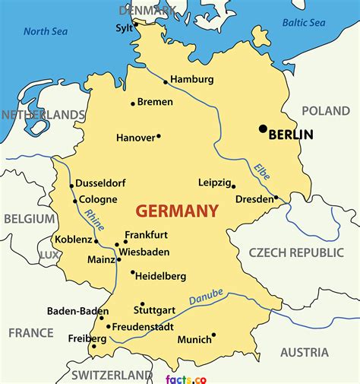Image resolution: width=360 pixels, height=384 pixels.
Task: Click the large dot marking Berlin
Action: (263, 129)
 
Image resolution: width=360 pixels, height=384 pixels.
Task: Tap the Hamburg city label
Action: (191, 79)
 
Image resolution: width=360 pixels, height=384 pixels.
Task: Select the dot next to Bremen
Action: (133, 103)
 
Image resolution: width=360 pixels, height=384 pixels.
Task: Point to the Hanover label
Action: (135, 138)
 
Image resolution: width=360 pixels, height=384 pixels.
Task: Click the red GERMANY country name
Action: (177, 211)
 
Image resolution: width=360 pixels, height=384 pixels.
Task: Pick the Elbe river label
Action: (262, 171)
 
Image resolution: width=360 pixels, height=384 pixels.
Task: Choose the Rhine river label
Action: (95, 220)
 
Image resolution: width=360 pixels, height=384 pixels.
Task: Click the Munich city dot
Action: (213, 335)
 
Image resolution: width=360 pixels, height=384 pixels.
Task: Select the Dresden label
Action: (254, 199)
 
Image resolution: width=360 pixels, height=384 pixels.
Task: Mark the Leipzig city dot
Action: (233, 186)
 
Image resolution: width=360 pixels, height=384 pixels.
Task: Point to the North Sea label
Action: (46, 31)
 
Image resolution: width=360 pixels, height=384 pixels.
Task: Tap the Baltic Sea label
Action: (305, 22)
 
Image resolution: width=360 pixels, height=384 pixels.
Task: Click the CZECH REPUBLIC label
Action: (296, 252)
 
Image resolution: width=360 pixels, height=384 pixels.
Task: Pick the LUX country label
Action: (49, 254)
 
